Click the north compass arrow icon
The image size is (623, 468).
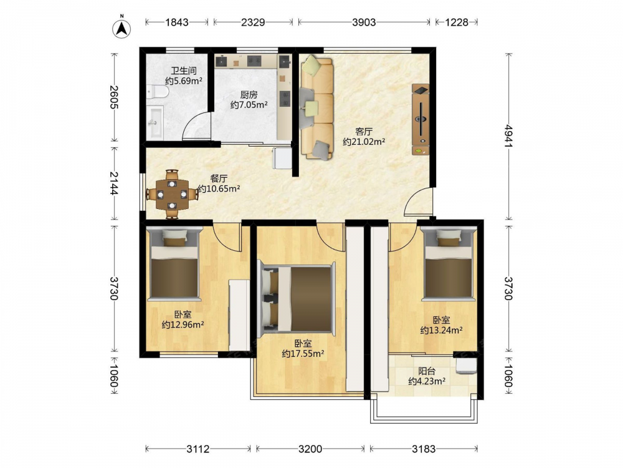tap(122, 27)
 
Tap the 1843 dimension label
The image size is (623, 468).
tap(177, 22)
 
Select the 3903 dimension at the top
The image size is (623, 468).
tap(364, 22)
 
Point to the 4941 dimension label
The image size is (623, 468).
tap(508, 136)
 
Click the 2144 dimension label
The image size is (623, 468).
tap(113, 183)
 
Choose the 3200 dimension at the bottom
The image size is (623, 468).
tap(310, 449)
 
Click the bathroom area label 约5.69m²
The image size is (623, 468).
tap(184, 81)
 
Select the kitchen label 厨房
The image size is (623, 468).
tap(249, 95)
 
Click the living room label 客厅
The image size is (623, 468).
tap(364, 131)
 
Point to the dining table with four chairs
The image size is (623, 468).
tap(172, 195)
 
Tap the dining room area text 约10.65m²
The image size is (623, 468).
tap(219, 189)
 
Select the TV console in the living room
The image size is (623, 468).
tap(421, 119)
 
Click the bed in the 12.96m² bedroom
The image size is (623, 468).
tap(174, 263)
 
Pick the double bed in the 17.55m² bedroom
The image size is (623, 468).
tap(297, 299)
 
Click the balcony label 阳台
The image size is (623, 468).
tap(427, 371)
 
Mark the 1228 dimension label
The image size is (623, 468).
tap(457, 22)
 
